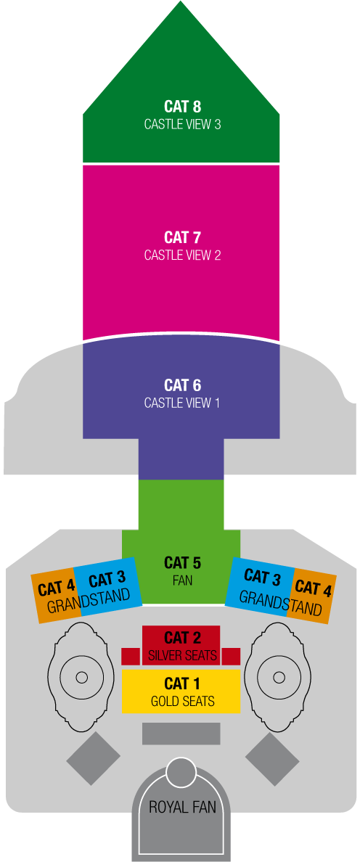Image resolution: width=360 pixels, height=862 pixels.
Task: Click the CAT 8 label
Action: [182, 106]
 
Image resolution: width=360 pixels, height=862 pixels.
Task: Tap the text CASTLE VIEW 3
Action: [182, 124]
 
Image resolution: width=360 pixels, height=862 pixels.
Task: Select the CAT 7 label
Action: [182, 237]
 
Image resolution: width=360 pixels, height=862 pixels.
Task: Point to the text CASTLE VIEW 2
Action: [182, 255]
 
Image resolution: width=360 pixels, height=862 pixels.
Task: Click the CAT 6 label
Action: [182, 385]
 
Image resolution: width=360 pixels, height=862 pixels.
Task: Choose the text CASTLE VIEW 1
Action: [182, 403]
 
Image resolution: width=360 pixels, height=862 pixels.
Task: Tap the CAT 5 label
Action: [182, 563]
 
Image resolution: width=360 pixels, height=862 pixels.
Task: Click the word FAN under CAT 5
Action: [182, 580]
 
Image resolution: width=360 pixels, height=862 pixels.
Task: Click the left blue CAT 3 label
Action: [107, 580]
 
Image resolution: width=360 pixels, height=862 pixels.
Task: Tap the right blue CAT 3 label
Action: [263, 577]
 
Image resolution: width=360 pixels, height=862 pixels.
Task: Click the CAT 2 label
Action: [182, 638]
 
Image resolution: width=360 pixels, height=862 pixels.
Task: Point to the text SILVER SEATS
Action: [182, 655]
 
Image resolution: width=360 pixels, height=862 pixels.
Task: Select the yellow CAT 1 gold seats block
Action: [181, 691]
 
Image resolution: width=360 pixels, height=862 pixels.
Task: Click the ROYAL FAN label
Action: [182, 807]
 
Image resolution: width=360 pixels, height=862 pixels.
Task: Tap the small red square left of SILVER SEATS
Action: [131, 657]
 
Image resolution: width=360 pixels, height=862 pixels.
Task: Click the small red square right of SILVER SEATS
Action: [232, 657]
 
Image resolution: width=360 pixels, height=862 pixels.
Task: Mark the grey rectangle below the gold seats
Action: [181, 734]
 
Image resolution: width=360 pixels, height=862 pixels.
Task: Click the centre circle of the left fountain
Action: [81, 677]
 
